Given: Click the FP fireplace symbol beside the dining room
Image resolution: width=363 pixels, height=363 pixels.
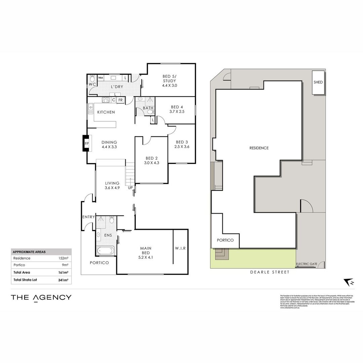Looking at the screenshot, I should (86, 144).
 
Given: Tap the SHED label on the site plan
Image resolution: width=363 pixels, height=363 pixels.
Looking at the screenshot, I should (318, 82).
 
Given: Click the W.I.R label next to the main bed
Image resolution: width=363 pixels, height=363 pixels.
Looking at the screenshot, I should (180, 248).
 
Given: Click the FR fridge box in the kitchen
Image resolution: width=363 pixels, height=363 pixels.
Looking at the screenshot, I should (120, 100).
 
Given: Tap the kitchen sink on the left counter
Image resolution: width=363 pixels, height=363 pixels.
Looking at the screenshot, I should (90, 108).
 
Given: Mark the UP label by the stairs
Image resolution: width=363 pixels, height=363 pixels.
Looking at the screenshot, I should (130, 188).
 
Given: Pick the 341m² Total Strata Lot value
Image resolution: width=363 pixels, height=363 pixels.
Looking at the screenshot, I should (64, 280).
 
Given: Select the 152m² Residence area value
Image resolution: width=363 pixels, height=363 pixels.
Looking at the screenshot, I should (64, 258).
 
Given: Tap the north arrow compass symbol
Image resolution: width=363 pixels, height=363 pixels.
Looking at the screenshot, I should (348, 282).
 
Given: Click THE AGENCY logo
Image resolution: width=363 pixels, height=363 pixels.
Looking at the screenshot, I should (41, 297).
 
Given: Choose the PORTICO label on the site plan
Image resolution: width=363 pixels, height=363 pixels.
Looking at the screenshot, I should (225, 240).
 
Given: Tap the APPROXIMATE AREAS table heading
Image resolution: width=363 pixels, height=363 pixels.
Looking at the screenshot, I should (29, 252).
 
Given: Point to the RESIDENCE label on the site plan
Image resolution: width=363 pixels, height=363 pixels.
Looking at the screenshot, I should (259, 148).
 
